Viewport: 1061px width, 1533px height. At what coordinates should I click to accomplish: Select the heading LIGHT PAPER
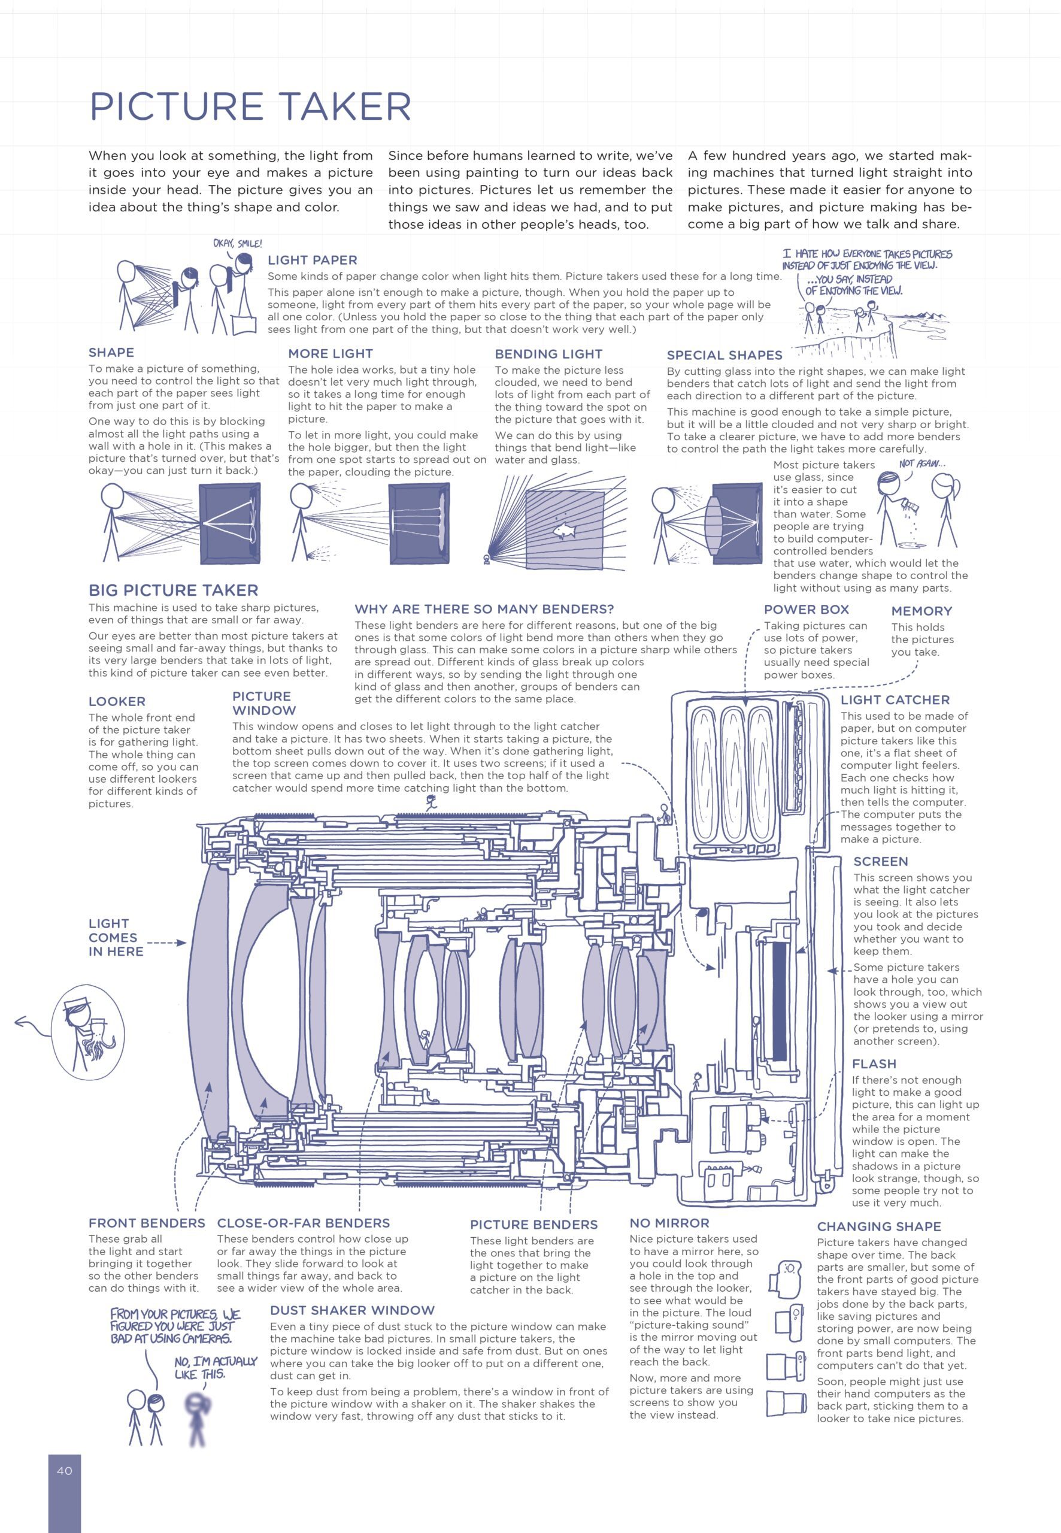[313, 260]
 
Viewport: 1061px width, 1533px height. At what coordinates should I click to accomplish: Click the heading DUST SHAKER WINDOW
[352, 1310]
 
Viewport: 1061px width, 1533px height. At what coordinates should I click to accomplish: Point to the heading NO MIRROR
[669, 1223]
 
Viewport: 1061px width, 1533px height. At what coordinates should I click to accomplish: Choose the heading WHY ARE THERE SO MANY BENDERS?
[484, 609]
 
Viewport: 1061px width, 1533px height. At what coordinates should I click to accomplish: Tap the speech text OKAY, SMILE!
[237, 244]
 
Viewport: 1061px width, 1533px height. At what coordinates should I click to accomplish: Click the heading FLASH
[874, 1064]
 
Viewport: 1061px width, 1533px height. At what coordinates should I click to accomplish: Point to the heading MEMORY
[921, 611]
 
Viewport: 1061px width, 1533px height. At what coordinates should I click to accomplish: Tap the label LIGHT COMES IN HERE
[116, 937]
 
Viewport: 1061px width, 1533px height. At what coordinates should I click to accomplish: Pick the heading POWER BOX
[807, 610]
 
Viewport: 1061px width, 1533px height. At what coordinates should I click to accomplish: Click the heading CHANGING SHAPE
[879, 1226]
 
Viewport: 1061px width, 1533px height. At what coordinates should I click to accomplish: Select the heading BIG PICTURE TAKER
[174, 590]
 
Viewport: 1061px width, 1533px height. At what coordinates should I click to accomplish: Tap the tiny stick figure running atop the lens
[432, 802]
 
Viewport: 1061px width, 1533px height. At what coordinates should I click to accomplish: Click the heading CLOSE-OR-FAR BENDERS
[303, 1223]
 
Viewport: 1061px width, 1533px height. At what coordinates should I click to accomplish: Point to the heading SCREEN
[880, 862]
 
